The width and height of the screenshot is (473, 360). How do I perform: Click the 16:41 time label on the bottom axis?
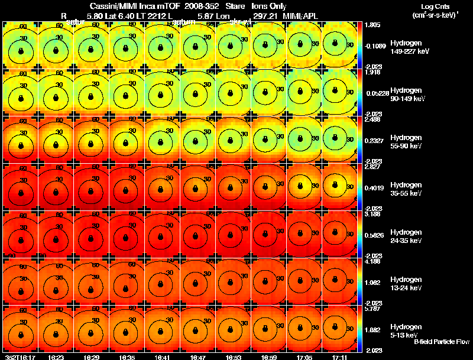[163, 357]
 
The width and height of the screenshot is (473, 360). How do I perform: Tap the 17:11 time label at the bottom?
[339, 357]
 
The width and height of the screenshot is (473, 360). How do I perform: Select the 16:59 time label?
[268, 357]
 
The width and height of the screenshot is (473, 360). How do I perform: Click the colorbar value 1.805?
[373, 25]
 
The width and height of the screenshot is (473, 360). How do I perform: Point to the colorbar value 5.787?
[373, 309]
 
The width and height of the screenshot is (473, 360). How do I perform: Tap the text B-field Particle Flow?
[442, 342]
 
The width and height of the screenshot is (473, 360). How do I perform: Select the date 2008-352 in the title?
[200, 6]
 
